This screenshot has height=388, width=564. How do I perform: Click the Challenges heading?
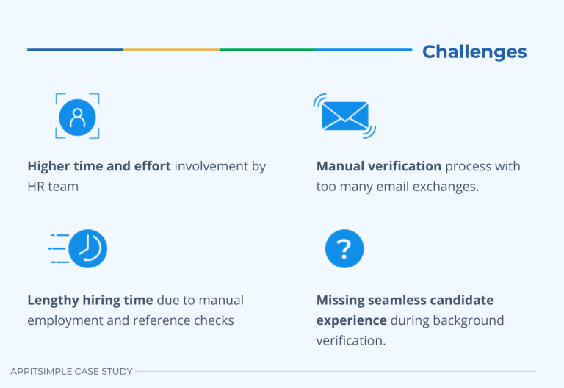(x=474, y=51)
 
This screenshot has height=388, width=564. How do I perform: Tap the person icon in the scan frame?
(x=77, y=116)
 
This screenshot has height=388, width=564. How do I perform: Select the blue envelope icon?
(x=344, y=116)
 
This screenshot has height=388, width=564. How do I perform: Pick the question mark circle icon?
(x=344, y=249)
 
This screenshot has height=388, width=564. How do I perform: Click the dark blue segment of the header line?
(x=75, y=50)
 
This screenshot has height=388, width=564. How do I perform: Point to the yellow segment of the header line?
(x=171, y=50)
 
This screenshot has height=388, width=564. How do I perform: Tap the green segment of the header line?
(x=267, y=50)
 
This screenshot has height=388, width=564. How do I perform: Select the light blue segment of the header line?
(x=364, y=50)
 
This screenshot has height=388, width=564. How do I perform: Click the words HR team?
(x=53, y=187)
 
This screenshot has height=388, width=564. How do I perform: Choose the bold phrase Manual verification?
(x=379, y=167)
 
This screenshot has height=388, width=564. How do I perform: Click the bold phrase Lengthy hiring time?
(x=90, y=301)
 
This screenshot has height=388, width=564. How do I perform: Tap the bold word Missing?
(x=341, y=301)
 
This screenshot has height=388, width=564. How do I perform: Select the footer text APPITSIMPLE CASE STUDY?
(x=71, y=372)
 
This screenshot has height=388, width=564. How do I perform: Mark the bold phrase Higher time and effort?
(x=99, y=167)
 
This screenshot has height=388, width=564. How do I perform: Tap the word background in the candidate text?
(x=466, y=320)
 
